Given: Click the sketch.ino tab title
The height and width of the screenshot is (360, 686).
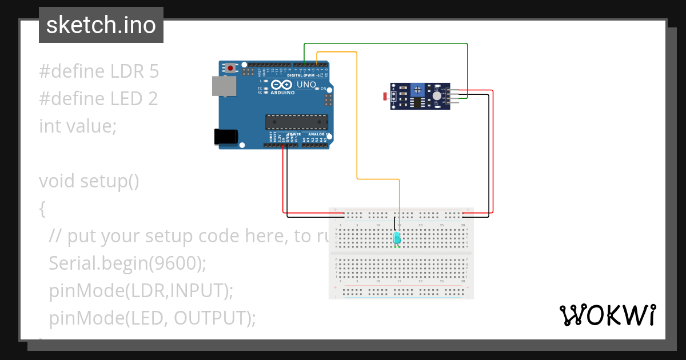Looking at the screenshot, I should pyautogui.click(x=101, y=25).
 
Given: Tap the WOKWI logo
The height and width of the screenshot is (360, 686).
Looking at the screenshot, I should pyautogui.click(x=607, y=315).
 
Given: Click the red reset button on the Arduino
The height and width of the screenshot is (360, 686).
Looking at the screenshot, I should pyautogui.click(x=230, y=68).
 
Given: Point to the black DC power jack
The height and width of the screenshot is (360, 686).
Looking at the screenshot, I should pyautogui.click(x=224, y=136).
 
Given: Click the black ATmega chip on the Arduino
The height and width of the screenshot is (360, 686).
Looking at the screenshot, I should pyautogui.click(x=297, y=122).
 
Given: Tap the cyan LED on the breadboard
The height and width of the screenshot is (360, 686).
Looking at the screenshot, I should pyautogui.click(x=397, y=237).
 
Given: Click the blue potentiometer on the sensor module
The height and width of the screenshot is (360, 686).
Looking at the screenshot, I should pyautogui.click(x=418, y=89).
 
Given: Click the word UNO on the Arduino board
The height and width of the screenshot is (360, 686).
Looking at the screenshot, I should pyautogui.click(x=306, y=85).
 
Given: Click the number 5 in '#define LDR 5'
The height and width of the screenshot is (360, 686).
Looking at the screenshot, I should pyautogui.click(x=153, y=71).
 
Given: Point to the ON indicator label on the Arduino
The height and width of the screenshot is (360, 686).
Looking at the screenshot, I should pyautogui.click(x=323, y=89).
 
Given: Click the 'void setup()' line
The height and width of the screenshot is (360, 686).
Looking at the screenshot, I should pyautogui.click(x=89, y=181).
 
